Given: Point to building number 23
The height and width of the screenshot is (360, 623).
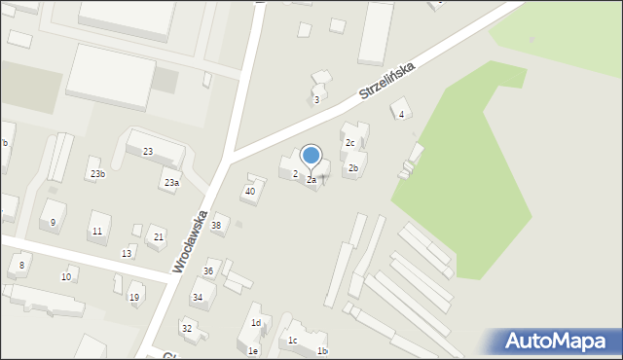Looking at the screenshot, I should coord(148,152).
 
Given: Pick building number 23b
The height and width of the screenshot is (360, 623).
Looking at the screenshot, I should coord(97,173).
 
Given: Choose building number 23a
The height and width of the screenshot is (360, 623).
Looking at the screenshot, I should coord(171,183).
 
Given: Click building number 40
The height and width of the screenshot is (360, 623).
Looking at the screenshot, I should coord(250,192).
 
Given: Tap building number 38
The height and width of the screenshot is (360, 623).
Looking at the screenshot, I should coord(216,225).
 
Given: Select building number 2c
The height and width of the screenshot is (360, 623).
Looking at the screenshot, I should coord(350,142).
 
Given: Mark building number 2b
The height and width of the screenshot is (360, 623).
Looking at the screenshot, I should coord(354,168).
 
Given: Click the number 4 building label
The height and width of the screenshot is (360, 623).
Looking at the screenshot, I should coord(402,115).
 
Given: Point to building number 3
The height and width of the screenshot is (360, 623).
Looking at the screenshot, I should coord(316,99).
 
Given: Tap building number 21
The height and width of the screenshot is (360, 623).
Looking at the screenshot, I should coord(159,237).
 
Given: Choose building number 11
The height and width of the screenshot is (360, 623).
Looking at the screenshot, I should coord(96,232).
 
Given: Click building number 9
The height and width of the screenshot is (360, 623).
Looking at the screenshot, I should coord(54,222).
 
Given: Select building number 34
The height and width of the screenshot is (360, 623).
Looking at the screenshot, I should coord(198,297).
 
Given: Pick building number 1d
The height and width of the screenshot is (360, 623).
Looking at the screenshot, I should coord(256,323).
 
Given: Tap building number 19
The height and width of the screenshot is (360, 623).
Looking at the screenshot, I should coord(134,298).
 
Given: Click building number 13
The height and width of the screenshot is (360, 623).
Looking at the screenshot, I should coord(127,253).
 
